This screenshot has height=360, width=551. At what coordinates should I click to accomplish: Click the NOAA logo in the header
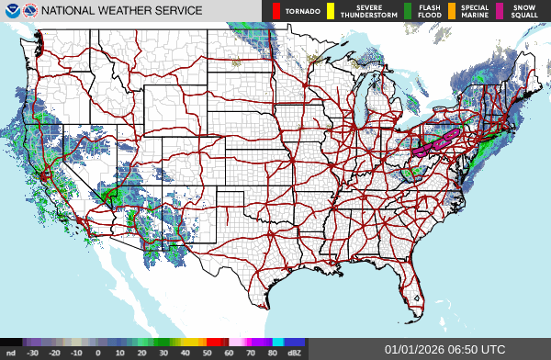tap(11, 11)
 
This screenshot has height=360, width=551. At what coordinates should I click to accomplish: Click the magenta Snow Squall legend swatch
tap(500, 11)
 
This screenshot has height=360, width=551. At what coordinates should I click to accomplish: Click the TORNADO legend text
tap(302, 11)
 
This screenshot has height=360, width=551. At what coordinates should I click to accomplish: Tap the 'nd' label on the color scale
tap(10, 352)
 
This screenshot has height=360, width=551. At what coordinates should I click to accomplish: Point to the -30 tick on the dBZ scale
tap(33, 352)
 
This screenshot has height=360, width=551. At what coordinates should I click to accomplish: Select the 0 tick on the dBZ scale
tap(98, 352)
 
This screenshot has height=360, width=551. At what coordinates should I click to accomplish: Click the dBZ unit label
tap(295, 352)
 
